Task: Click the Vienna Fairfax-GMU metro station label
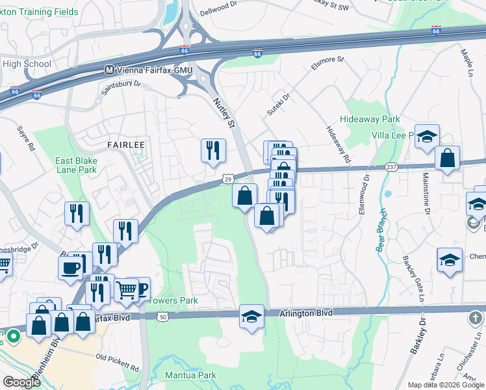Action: [x=153, y=70]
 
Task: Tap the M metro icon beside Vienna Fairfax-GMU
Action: [x=110, y=70]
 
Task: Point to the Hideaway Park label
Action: [x=370, y=120]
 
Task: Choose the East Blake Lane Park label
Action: [x=75, y=166]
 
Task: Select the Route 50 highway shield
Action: [x=162, y=317]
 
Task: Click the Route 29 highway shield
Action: [x=228, y=178]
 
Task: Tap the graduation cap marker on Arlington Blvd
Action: [x=251, y=317]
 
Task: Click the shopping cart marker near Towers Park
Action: [x=126, y=289]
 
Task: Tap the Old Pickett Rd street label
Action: [x=118, y=362]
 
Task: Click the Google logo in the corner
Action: [x=22, y=382]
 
